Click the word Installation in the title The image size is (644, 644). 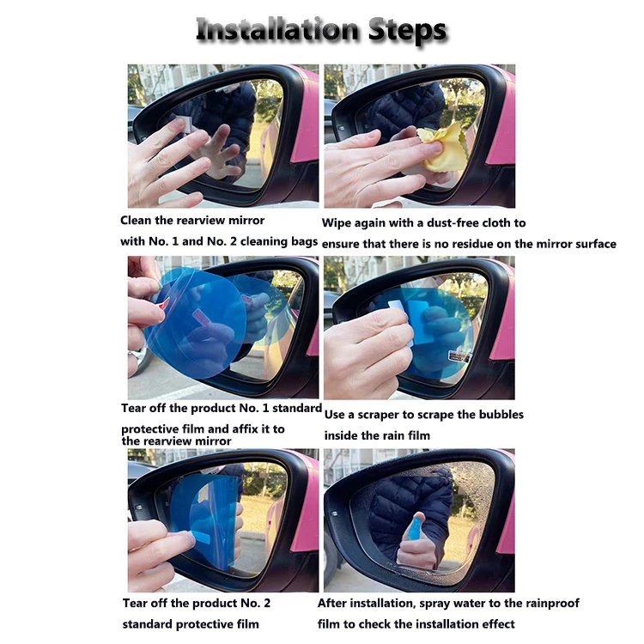point(277,29)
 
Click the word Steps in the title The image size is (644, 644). point(407,31)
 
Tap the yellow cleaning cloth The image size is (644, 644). point(441,147)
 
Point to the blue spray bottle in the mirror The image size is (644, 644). point(416,528)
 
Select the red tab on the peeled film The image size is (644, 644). point(163,303)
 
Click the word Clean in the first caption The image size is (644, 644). point(136,221)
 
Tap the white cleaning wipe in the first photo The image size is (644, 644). point(186,124)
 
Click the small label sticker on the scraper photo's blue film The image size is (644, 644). point(459,356)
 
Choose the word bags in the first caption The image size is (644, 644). point(304,241)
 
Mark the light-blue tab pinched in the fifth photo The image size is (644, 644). point(201,536)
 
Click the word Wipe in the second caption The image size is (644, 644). point(337,223)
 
